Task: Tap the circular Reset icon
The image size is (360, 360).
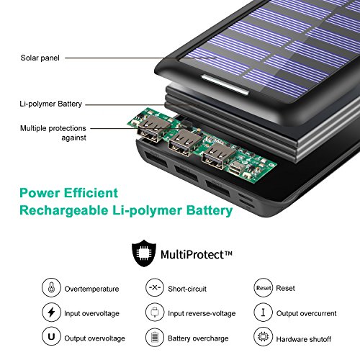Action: coord(264,287)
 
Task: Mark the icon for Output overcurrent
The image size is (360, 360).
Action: coord(264,312)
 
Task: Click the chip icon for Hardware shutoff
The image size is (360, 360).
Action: coord(264,338)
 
